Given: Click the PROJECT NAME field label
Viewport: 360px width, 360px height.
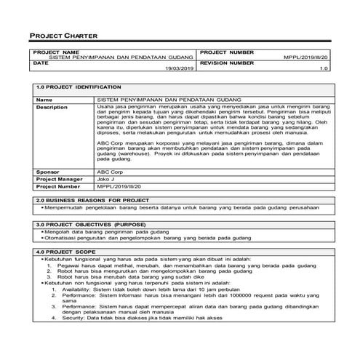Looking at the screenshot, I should point(57,52).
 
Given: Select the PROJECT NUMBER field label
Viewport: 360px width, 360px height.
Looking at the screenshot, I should point(226,52).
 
